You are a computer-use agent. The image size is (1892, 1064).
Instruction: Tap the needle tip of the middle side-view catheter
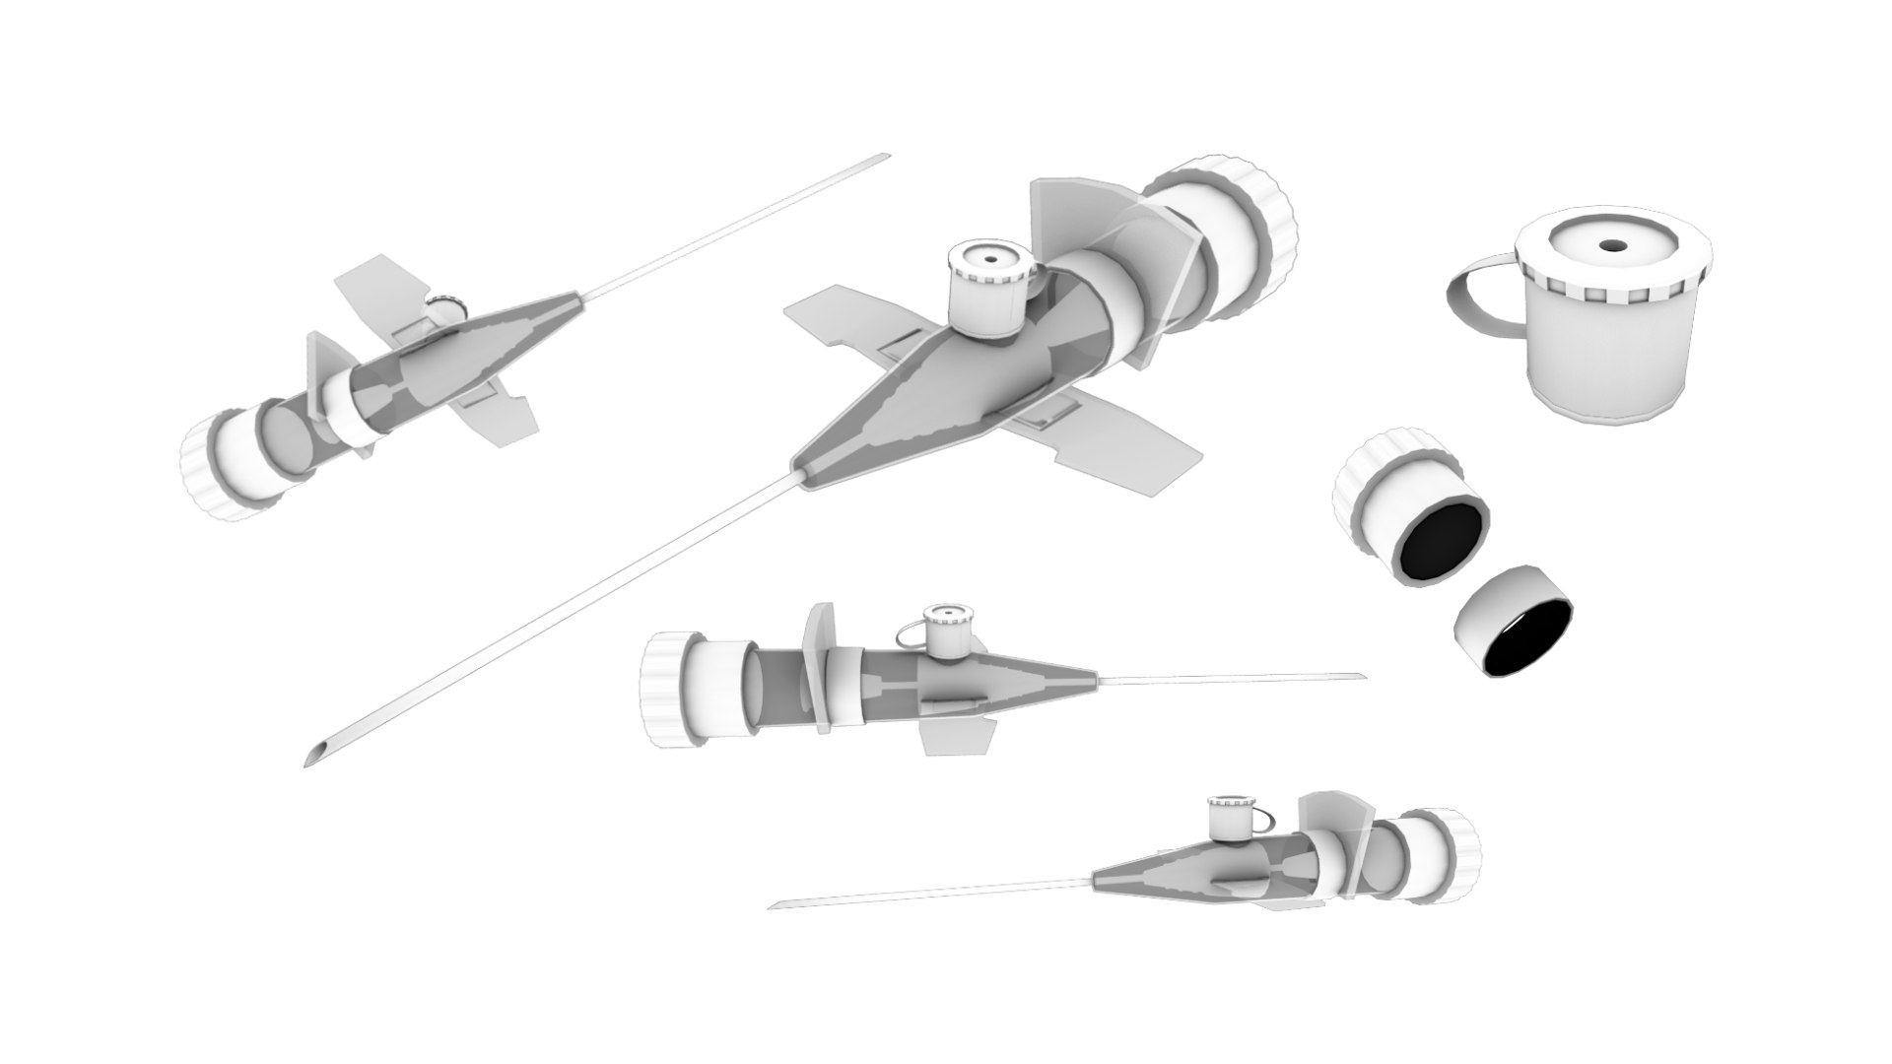(x=1362, y=676)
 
